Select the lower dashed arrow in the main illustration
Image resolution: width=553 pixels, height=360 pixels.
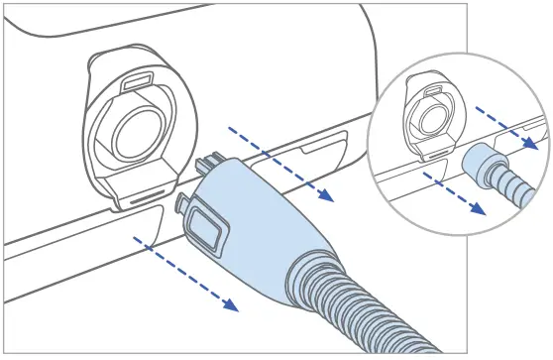187,276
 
